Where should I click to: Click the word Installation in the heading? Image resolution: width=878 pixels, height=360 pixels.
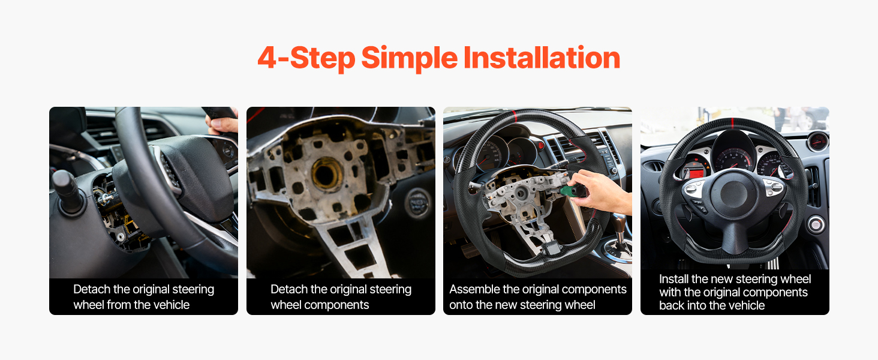[542, 58]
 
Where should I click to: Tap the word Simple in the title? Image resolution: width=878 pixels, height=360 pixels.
[409, 58]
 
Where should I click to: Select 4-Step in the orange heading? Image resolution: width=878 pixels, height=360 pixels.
[306, 58]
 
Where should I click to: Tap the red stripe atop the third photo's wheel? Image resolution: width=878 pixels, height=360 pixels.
[515, 116]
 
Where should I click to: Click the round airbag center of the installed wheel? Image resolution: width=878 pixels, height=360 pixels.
[733, 194]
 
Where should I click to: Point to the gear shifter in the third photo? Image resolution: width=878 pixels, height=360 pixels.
[621, 232]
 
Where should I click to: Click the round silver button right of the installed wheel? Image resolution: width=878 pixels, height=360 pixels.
[816, 225]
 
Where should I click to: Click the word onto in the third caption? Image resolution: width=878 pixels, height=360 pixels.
[461, 305]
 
